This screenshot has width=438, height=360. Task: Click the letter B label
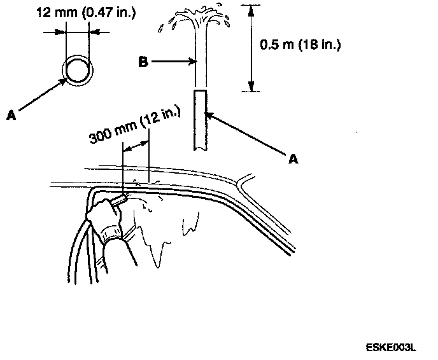coord(144,62)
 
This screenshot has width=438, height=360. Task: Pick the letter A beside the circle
coord(11,114)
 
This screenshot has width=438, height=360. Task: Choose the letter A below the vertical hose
coord(293,159)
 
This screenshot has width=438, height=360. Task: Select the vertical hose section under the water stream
coord(200,120)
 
